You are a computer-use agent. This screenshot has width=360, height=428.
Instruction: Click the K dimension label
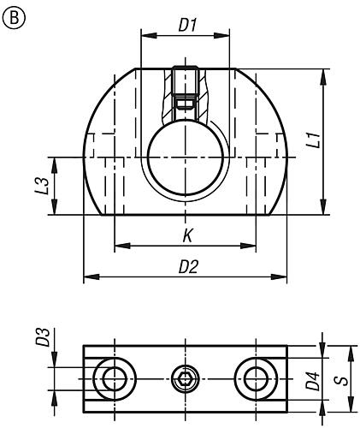[186, 235]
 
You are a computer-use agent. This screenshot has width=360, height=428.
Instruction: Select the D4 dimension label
[313, 379]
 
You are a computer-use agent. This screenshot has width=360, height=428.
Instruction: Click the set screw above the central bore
[185, 94]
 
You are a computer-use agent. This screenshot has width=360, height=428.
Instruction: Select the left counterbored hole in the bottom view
[111, 377]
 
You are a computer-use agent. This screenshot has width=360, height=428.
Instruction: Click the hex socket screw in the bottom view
[185, 377]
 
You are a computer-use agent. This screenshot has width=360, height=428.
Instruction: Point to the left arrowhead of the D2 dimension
[88, 276]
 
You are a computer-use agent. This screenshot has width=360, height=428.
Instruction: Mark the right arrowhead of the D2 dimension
[282, 276]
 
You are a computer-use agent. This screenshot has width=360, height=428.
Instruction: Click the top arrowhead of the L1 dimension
[322, 74]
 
